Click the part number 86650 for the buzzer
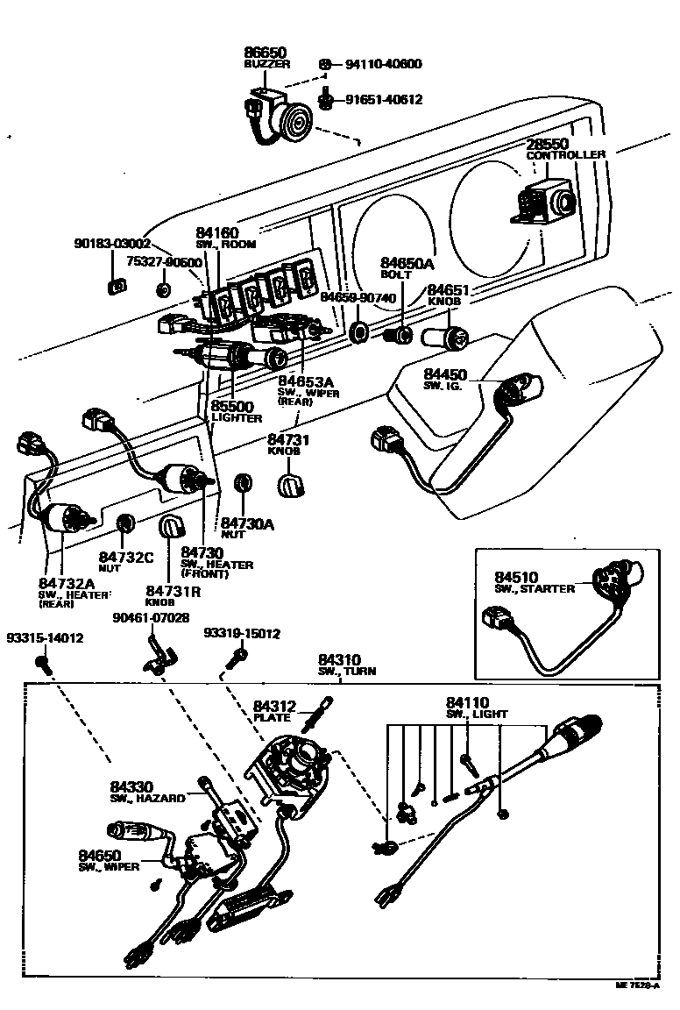point(265,53)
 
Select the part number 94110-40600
point(383,64)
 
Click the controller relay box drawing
point(542,204)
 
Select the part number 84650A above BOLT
point(407,263)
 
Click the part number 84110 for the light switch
point(467,702)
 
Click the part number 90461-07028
point(151,618)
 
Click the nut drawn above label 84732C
point(126,523)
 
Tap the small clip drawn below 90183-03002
point(111,288)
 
